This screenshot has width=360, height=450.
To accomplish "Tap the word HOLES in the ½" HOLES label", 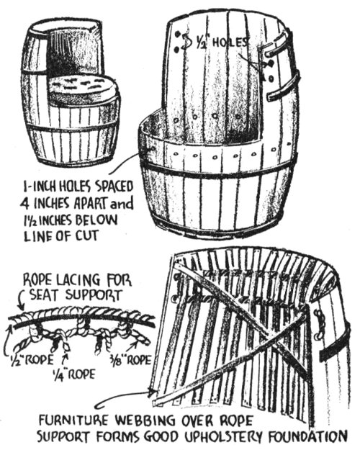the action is point(230,42).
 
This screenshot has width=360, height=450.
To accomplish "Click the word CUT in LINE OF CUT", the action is point(87,236).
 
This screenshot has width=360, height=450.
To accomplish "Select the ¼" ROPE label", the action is point(73,374).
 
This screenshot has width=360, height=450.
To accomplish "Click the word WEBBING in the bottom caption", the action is point(145,421).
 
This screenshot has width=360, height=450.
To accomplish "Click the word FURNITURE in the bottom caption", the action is point(75,421).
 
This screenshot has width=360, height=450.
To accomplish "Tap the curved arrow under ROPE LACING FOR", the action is point(20,302).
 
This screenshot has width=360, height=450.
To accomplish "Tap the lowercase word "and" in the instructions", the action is point(122,204).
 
